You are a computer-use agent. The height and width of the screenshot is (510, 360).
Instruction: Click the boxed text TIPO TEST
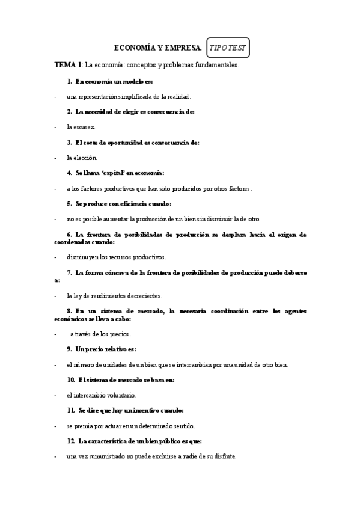[x=228, y=47]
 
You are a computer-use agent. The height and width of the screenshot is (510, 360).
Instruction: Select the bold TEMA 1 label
[x=68, y=64]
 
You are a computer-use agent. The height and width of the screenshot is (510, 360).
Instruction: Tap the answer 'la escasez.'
[x=81, y=127]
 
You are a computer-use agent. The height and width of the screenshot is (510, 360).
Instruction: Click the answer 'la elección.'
[x=82, y=158]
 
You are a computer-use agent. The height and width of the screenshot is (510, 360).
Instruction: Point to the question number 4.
[x=70, y=173]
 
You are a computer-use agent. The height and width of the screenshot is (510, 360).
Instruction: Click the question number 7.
[x=70, y=272]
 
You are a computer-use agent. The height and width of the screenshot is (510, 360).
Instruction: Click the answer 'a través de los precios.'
[x=100, y=334]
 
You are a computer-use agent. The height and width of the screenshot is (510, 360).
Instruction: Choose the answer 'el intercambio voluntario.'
[x=102, y=395]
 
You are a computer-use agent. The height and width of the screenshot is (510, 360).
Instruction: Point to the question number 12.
[x=71, y=441]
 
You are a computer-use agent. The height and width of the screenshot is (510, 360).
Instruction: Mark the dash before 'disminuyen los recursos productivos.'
[x=55, y=257]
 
